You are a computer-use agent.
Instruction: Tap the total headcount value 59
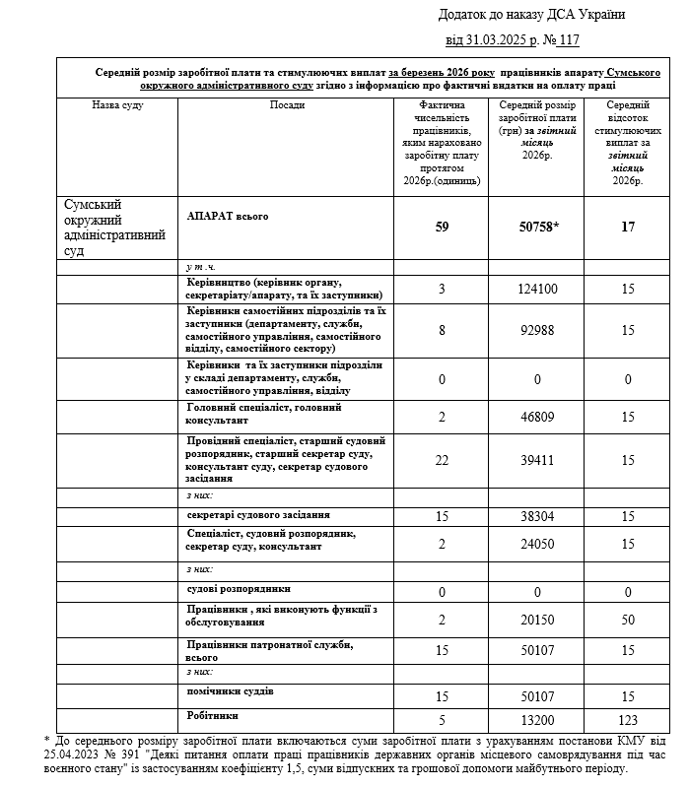pos(441,228)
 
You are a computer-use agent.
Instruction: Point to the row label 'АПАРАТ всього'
pos(228,215)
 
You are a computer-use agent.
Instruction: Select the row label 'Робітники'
pos(213,714)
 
